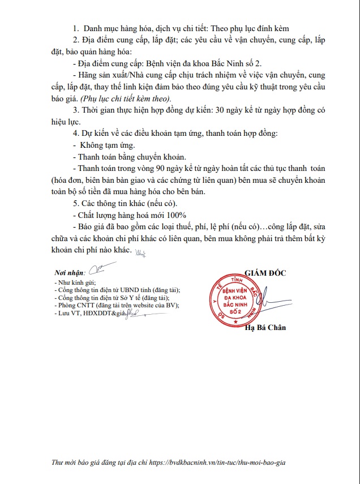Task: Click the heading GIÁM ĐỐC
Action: (265, 273)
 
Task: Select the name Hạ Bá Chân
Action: (265, 328)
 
